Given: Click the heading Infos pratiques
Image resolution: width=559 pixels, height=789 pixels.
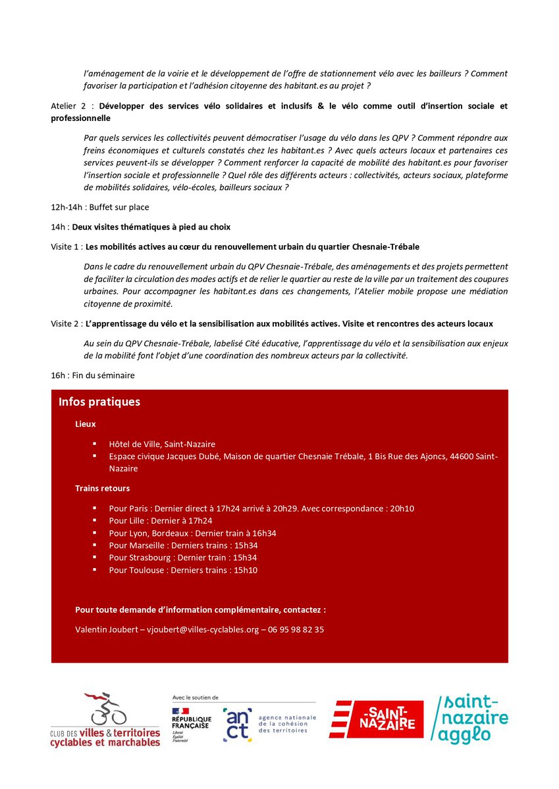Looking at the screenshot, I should tap(99, 402).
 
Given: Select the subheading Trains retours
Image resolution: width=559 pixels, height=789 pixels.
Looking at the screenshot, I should tap(102, 489).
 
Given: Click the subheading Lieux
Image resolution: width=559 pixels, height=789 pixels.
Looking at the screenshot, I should tap(86, 425).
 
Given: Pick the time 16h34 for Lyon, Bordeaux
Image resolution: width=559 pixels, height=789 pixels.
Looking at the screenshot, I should tap(263, 533).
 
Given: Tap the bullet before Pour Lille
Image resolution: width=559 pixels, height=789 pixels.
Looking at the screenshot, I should tap(95, 521).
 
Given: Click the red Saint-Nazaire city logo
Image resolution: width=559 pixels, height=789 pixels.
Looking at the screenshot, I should tap(376, 719).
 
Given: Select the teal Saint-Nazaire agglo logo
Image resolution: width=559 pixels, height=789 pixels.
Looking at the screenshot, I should tap(471, 720).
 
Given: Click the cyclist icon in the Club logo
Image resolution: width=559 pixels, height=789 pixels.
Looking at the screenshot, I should tap(107, 709).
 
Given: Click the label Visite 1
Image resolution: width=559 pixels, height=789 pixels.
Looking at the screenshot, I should tap(67, 247).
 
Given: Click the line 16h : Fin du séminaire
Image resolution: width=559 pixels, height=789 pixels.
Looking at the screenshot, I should tap(92, 375).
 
